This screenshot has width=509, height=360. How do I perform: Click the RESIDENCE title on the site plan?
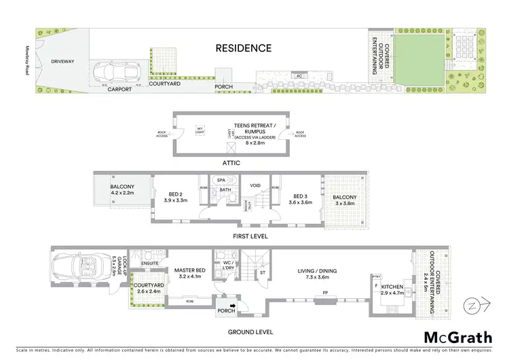pos(244,48)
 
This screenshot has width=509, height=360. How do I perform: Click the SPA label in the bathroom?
pos(221,181)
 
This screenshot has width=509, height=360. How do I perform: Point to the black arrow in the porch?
pos(233,306)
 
